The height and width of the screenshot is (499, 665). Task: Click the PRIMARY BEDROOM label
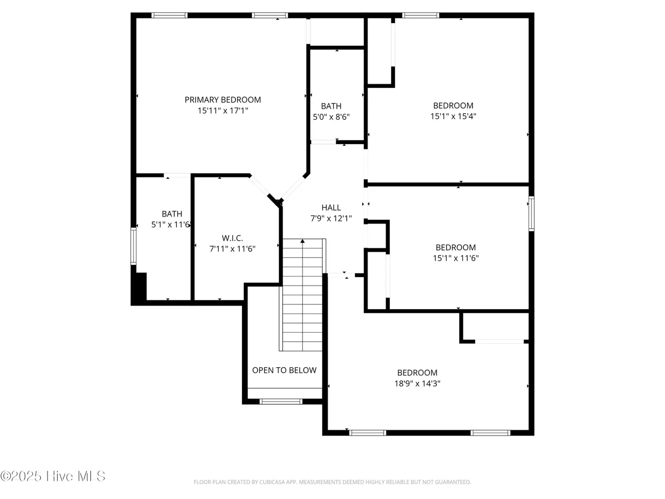pos(223,100)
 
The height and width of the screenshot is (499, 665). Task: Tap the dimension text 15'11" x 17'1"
pos(223,110)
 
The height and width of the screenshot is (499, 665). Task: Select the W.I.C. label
pos(232,238)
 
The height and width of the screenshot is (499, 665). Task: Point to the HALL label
pos(331,207)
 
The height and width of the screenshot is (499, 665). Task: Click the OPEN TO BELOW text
pos(284,370)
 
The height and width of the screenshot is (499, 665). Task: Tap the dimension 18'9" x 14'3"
pos(417,383)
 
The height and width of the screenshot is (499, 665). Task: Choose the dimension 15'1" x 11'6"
pos(456,258)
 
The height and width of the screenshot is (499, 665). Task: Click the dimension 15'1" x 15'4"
pos(453,116)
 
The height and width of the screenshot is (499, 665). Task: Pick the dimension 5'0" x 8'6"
pos(331,117)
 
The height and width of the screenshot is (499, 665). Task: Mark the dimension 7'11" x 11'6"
pos(232,249)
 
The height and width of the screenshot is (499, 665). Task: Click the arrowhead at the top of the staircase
pos(302,241)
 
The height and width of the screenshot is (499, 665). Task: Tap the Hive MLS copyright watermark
pos(53,476)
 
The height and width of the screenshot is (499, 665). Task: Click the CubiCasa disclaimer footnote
pos(332,482)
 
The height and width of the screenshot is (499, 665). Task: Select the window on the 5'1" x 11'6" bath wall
pos(133,246)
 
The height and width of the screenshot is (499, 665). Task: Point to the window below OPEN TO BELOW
pos(281,402)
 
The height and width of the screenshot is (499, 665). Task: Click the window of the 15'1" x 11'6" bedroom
pos(532,213)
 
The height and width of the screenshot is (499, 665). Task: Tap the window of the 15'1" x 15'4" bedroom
pos(421,15)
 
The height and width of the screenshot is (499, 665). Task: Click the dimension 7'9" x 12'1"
pos(331,219)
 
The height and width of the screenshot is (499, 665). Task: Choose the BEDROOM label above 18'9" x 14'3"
pos(417,373)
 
